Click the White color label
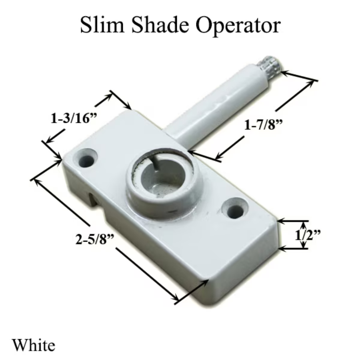pyautogui.click(x=33, y=344)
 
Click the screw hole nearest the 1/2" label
pyautogui.click(x=234, y=208)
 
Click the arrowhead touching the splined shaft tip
pyautogui.click(x=285, y=73)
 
